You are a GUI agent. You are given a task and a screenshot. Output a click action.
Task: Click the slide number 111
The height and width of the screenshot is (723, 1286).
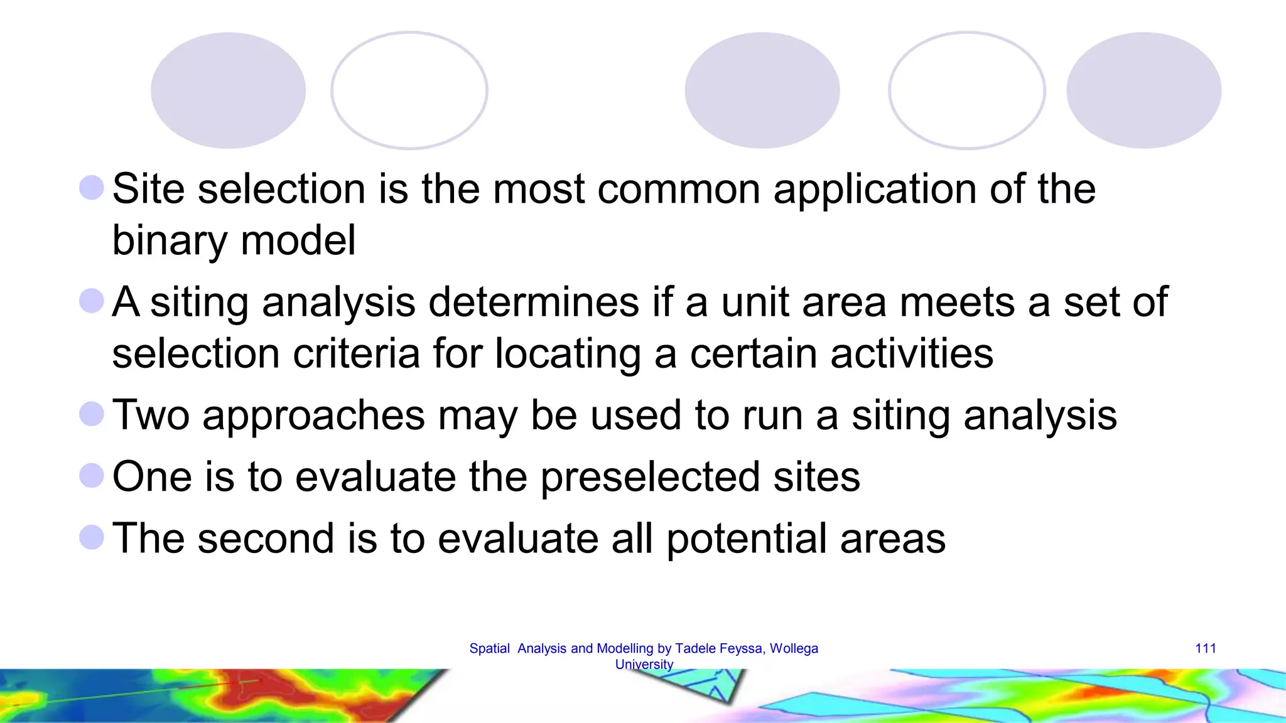(1205, 648)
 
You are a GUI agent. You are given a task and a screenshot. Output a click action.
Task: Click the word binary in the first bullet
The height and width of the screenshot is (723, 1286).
(169, 241)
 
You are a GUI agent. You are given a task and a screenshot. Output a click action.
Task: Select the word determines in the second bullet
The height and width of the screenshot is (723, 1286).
(534, 302)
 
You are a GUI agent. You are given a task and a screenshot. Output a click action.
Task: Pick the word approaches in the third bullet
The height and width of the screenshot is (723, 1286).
(313, 415)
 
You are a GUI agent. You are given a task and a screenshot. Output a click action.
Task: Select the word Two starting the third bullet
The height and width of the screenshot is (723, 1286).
(151, 415)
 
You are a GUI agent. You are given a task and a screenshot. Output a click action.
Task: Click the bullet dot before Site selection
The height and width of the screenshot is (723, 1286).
(92, 188)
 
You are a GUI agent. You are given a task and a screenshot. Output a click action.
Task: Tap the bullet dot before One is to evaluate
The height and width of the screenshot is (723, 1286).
(92, 476)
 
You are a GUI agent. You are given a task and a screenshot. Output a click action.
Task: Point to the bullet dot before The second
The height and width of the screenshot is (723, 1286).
(92, 537)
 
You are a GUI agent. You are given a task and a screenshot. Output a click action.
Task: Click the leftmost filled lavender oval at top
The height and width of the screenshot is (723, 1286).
(228, 90)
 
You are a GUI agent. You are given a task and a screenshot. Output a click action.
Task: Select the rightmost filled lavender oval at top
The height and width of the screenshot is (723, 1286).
(1143, 90)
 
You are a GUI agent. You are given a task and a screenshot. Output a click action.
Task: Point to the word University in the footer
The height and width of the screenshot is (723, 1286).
(644, 664)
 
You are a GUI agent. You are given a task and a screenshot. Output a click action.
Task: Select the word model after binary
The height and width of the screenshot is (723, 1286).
(298, 241)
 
